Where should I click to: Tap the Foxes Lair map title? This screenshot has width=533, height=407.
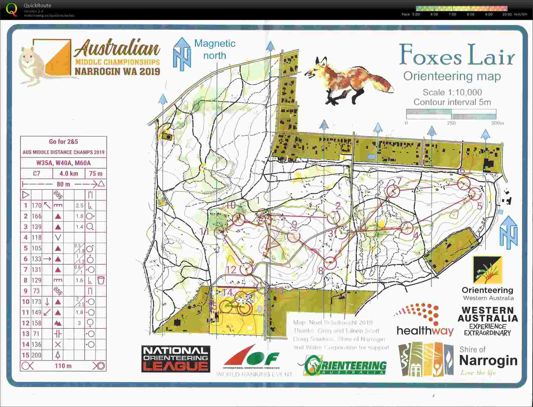457,55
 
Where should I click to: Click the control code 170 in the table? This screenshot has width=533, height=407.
36,205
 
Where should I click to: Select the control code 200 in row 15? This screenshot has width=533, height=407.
36,355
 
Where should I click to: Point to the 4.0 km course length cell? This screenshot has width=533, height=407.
69,174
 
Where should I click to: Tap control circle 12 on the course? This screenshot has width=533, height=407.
246,269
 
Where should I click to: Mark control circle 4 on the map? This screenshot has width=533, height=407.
407,228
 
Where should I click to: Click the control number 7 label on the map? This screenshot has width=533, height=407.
399,181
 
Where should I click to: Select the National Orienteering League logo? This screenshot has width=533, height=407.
176,359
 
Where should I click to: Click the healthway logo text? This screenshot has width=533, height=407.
425,331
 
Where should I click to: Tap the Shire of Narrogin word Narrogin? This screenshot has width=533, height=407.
488,360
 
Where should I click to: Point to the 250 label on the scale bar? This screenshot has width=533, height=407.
451,123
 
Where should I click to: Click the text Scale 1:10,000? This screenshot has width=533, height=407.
452,92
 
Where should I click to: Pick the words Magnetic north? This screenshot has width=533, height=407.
215,49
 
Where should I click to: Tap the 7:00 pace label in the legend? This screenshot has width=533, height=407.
452,14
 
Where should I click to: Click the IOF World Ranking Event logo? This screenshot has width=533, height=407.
254,361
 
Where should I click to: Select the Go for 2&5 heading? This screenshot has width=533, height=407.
64,142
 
